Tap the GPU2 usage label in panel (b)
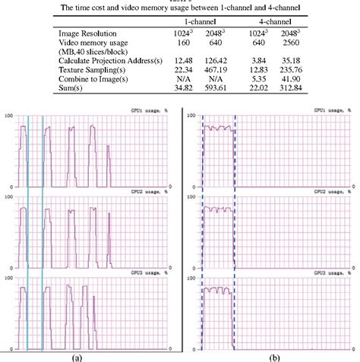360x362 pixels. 327,195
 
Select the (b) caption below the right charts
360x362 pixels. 268,355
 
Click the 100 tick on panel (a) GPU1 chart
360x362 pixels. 8,116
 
